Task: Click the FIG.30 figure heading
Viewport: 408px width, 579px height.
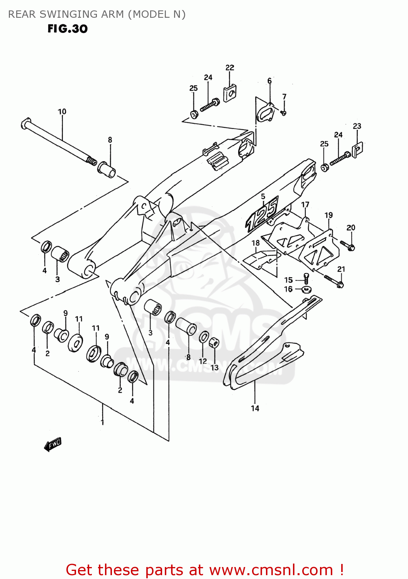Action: [x=68, y=29]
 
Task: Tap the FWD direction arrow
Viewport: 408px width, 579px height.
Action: [x=53, y=444]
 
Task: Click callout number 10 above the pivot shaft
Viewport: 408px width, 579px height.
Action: [x=62, y=112]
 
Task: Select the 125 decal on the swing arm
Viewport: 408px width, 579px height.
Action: [x=262, y=214]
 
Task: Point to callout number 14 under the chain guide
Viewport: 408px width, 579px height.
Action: [x=255, y=408]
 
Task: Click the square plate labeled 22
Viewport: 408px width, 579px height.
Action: [x=230, y=93]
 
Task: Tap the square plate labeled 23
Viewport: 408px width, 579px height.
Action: [x=358, y=149]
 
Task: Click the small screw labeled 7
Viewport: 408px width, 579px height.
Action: [x=283, y=113]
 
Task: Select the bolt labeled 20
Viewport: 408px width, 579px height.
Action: [x=347, y=245]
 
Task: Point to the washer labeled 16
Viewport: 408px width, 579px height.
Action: [x=307, y=289]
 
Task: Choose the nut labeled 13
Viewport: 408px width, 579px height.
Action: [x=214, y=343]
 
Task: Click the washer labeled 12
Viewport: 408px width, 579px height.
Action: [x=204, y=337]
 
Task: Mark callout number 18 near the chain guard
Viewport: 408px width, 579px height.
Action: [x=256, y=243]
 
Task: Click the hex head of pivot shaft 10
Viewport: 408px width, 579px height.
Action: [x=26, y=124]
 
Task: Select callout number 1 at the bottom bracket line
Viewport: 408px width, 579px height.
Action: [x=102, y=422]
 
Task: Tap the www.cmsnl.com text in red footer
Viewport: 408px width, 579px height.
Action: [x=271, y=570]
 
